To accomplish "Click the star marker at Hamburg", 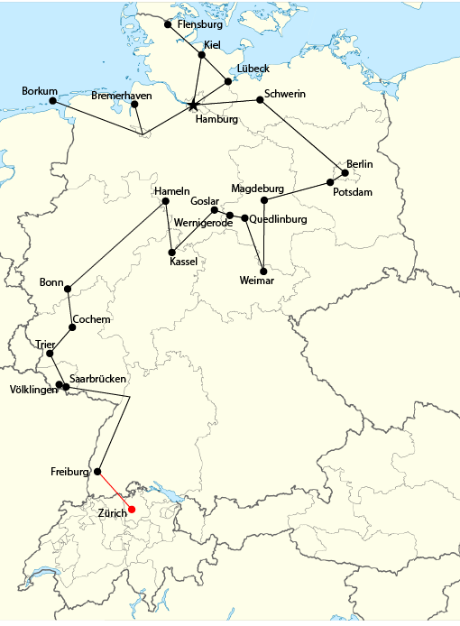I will click(x=193, y=106).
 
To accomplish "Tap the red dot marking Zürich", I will click(x=132, y=510).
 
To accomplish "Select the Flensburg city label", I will click(x=200, y=25).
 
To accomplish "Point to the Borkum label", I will click(x=40, y=91).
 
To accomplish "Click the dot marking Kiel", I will click(x=202, y=55).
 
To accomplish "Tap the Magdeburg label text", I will click(x=257, y=189).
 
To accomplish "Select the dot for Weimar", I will click(x=262, y=271).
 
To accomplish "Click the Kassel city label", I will click(x=183, y=262).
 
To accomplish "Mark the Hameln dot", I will click(x=165, y=201).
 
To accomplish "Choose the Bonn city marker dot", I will click(x=68, y=290).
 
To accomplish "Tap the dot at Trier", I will click(x=51, y=354).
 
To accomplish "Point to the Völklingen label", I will click(x=33, y=390).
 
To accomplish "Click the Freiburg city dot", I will click(x=97, y=471).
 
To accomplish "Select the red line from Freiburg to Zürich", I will click(x=115, y=491).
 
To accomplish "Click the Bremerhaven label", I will click(x=122, y=96).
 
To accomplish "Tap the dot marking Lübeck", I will click(x=228, y=82).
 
